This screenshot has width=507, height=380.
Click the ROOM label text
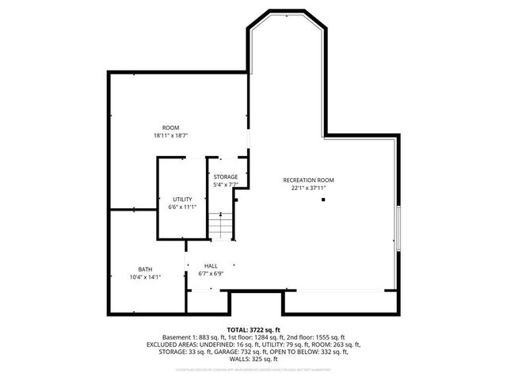point(170,127)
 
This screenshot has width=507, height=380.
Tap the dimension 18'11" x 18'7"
point(170,135)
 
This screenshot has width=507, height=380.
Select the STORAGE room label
point(226,177)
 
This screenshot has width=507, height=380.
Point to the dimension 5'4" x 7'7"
point(226,184)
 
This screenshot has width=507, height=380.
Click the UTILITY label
point(182,199)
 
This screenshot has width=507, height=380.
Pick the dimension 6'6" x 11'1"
point(182,207)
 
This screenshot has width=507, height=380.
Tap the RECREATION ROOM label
point(304,180)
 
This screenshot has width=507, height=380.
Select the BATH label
point(146,268)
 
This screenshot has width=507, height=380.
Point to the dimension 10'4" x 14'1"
point(146,276)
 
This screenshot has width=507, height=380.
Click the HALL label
point(211,266)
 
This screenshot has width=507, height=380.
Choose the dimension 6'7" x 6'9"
point(211,274)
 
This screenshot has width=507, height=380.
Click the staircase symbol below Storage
point(222,226)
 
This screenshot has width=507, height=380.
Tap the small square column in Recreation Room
point(323,200)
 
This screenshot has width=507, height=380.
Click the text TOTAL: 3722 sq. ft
point(253,329)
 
